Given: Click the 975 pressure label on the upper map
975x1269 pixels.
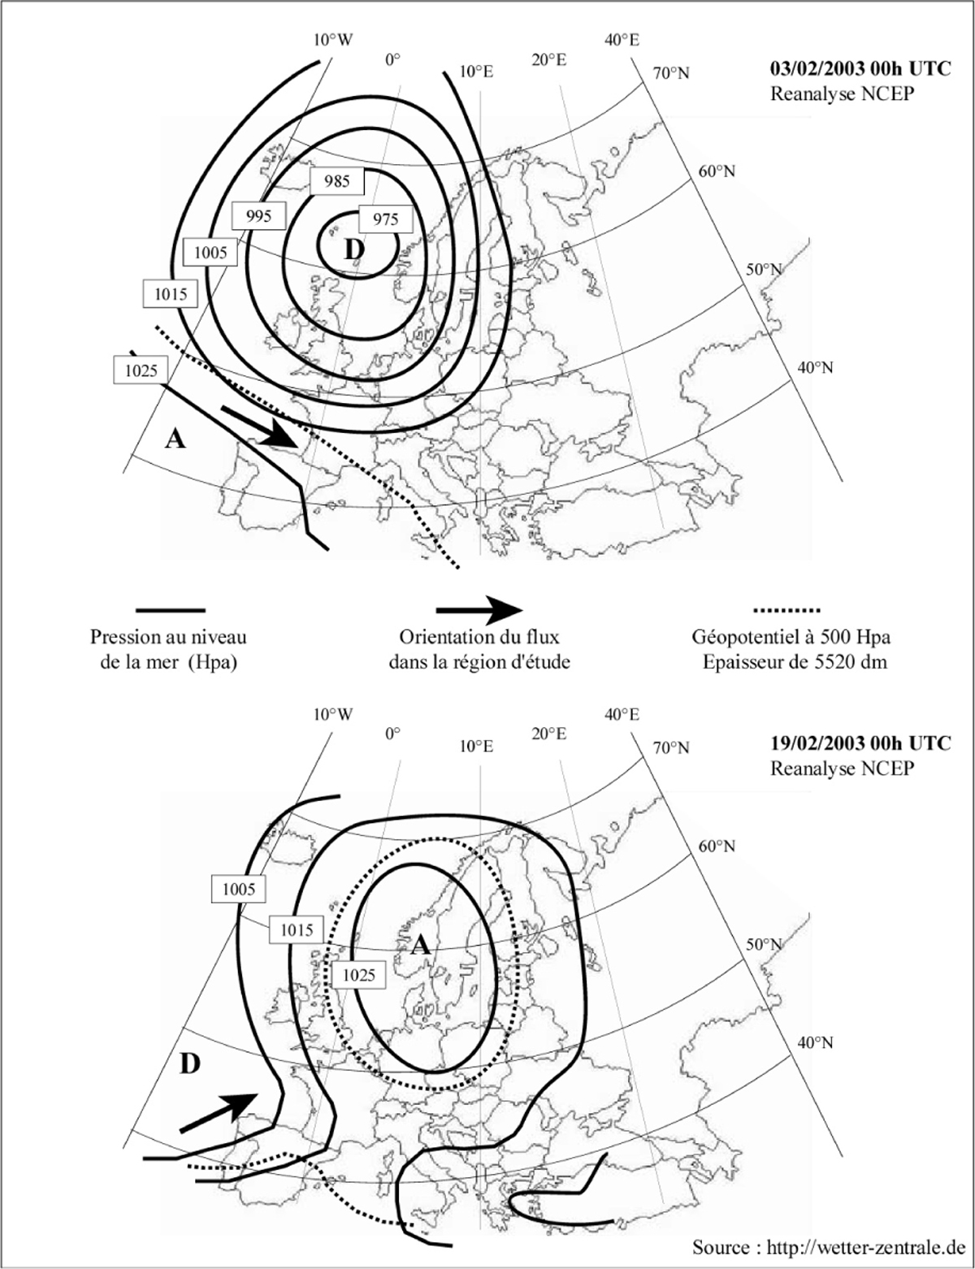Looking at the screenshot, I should (x=385, y=219).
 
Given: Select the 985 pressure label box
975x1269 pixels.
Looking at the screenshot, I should (x=336, y=180).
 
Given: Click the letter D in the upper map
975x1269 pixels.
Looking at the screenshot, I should (x=353, y=250).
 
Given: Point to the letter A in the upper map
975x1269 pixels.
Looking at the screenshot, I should (x=175, y=440).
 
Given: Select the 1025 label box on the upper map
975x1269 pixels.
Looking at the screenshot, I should (x=140, y=370).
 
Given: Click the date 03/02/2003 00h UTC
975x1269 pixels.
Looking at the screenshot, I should (x=859, y=69).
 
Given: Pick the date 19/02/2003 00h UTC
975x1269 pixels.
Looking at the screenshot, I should (x=859, y=743).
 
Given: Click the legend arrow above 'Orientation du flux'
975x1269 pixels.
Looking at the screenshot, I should (x=479, y=609).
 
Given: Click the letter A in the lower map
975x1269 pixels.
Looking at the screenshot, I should (x=419, y=944).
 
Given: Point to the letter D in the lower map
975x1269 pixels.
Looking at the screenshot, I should (x=188, y=1063).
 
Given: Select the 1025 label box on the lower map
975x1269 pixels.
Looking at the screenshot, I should (x=358, y=974).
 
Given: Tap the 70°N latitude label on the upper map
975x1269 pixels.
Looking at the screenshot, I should (x=670, y=73).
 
